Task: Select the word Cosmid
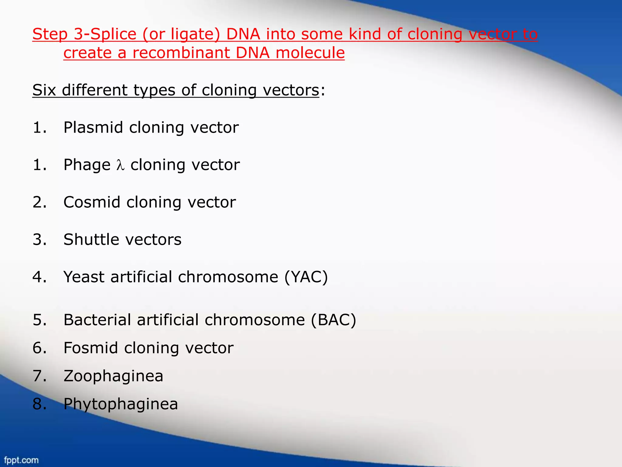[x=92, y=202]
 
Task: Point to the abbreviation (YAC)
[x=306, y=277]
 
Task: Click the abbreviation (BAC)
[x=333, y=320]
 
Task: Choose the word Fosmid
[x=91, y=348]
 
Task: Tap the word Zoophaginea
[x=113, y=376]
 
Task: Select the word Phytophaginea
[x=121, y=404]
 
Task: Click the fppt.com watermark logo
[x=21, y=460]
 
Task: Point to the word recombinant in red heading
[x=181, y=53]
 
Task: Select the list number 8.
[x=39, y=404]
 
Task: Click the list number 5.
[x=39, y=320]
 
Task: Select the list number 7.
[x=39, y=376]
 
